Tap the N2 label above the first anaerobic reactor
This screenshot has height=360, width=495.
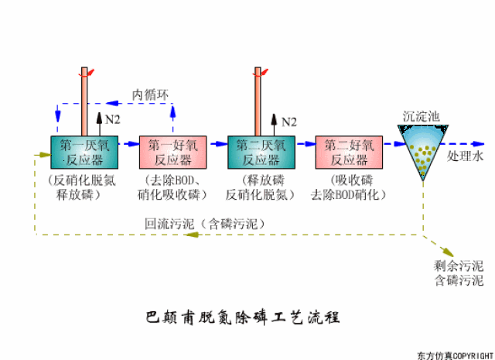113,119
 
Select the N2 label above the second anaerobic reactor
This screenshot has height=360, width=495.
288,122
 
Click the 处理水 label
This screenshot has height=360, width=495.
464,156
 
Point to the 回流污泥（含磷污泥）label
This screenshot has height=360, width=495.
206,223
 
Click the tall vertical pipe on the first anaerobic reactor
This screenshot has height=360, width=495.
83,101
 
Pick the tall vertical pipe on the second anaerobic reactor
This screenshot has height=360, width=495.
258,101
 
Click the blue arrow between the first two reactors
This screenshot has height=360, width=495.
128,144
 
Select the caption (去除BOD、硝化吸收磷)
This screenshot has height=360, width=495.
171,188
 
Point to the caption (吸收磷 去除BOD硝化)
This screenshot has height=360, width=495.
345,188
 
